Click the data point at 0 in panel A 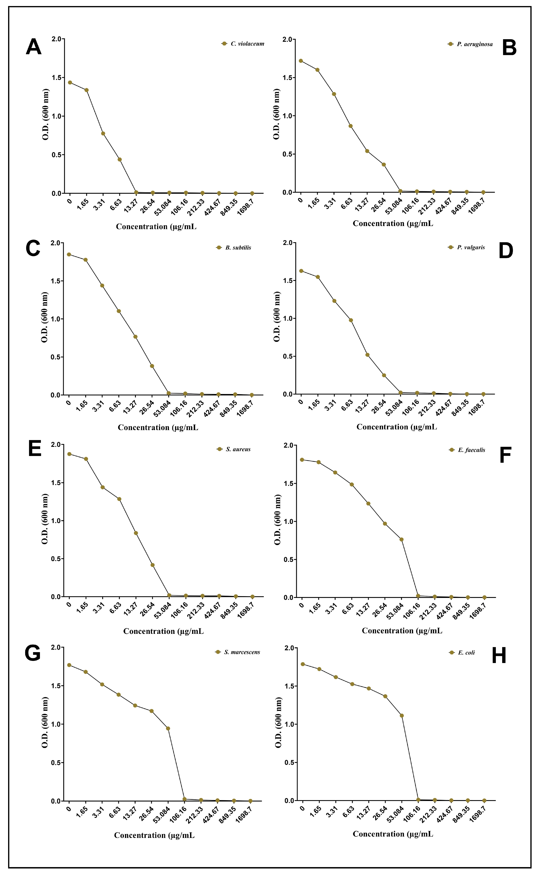[70, 82]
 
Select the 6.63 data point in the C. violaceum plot [120, 160]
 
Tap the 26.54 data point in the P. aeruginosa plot [384, 165]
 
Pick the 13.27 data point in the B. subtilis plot [136, 337]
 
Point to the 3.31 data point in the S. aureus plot [103, 487]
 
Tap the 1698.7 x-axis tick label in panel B [477, 206]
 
